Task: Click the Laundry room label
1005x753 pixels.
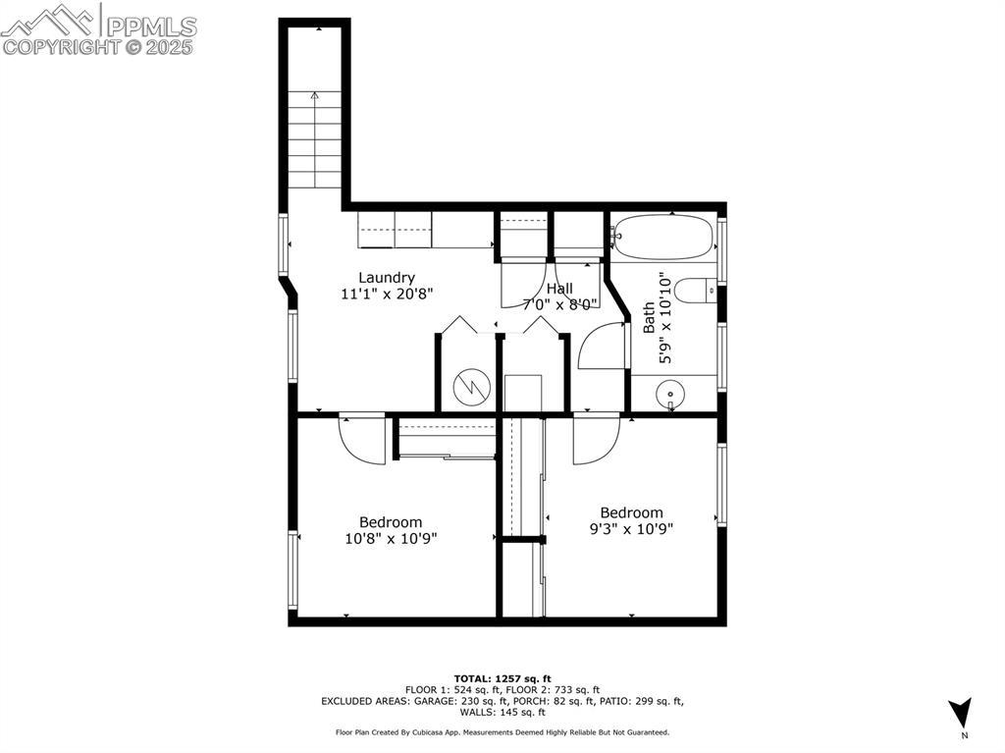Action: click(x=386, y=278)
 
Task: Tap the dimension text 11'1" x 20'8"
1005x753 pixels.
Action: click(x=386, y=294)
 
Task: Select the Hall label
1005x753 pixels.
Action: click(x=560, y=289)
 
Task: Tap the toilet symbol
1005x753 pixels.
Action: click(x=699, y=291)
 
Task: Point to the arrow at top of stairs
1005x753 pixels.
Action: click(x=314, y=96)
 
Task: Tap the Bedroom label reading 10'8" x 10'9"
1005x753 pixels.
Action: click(x=390, y=530)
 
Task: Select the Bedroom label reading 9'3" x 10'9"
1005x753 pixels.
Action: click(x=631, y=520)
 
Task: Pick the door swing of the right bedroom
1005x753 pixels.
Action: click(x=595, y=439)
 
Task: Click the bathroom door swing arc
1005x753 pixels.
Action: click(x=600, y=348)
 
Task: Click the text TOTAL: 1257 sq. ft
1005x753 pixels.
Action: click(x=502, y=678)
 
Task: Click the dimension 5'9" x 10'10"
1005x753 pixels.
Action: click(x=666, y=319)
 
